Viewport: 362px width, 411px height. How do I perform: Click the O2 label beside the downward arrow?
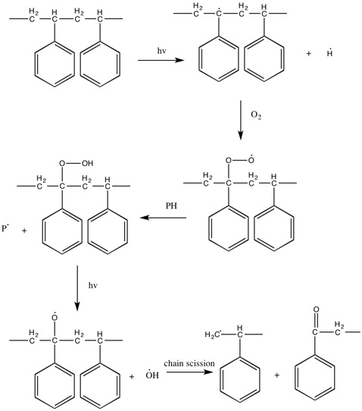256,115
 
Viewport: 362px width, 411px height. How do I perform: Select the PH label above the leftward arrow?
171,206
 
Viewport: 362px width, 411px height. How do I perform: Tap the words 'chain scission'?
189,363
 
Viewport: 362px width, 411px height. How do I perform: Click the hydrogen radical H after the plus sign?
329,53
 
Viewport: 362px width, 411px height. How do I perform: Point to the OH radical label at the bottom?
152,375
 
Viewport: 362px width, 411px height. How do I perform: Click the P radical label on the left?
5,228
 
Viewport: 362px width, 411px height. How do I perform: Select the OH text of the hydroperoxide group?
87,163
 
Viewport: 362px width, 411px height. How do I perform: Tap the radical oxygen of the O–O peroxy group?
251,158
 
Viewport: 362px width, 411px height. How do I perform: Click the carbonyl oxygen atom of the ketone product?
316,309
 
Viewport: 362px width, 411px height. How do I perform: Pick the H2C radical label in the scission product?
213,334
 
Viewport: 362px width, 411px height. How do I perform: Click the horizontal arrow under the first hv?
161,61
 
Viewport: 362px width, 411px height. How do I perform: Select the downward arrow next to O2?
241,120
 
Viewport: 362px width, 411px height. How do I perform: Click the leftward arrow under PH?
163,218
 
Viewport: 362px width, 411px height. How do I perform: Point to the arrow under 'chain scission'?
189,372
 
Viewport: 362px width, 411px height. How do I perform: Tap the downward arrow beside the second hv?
77,288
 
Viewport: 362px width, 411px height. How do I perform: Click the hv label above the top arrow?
162,51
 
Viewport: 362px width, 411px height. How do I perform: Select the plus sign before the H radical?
309,54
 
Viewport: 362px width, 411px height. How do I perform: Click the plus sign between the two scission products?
277,375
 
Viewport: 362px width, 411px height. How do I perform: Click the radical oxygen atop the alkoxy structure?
55,317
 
